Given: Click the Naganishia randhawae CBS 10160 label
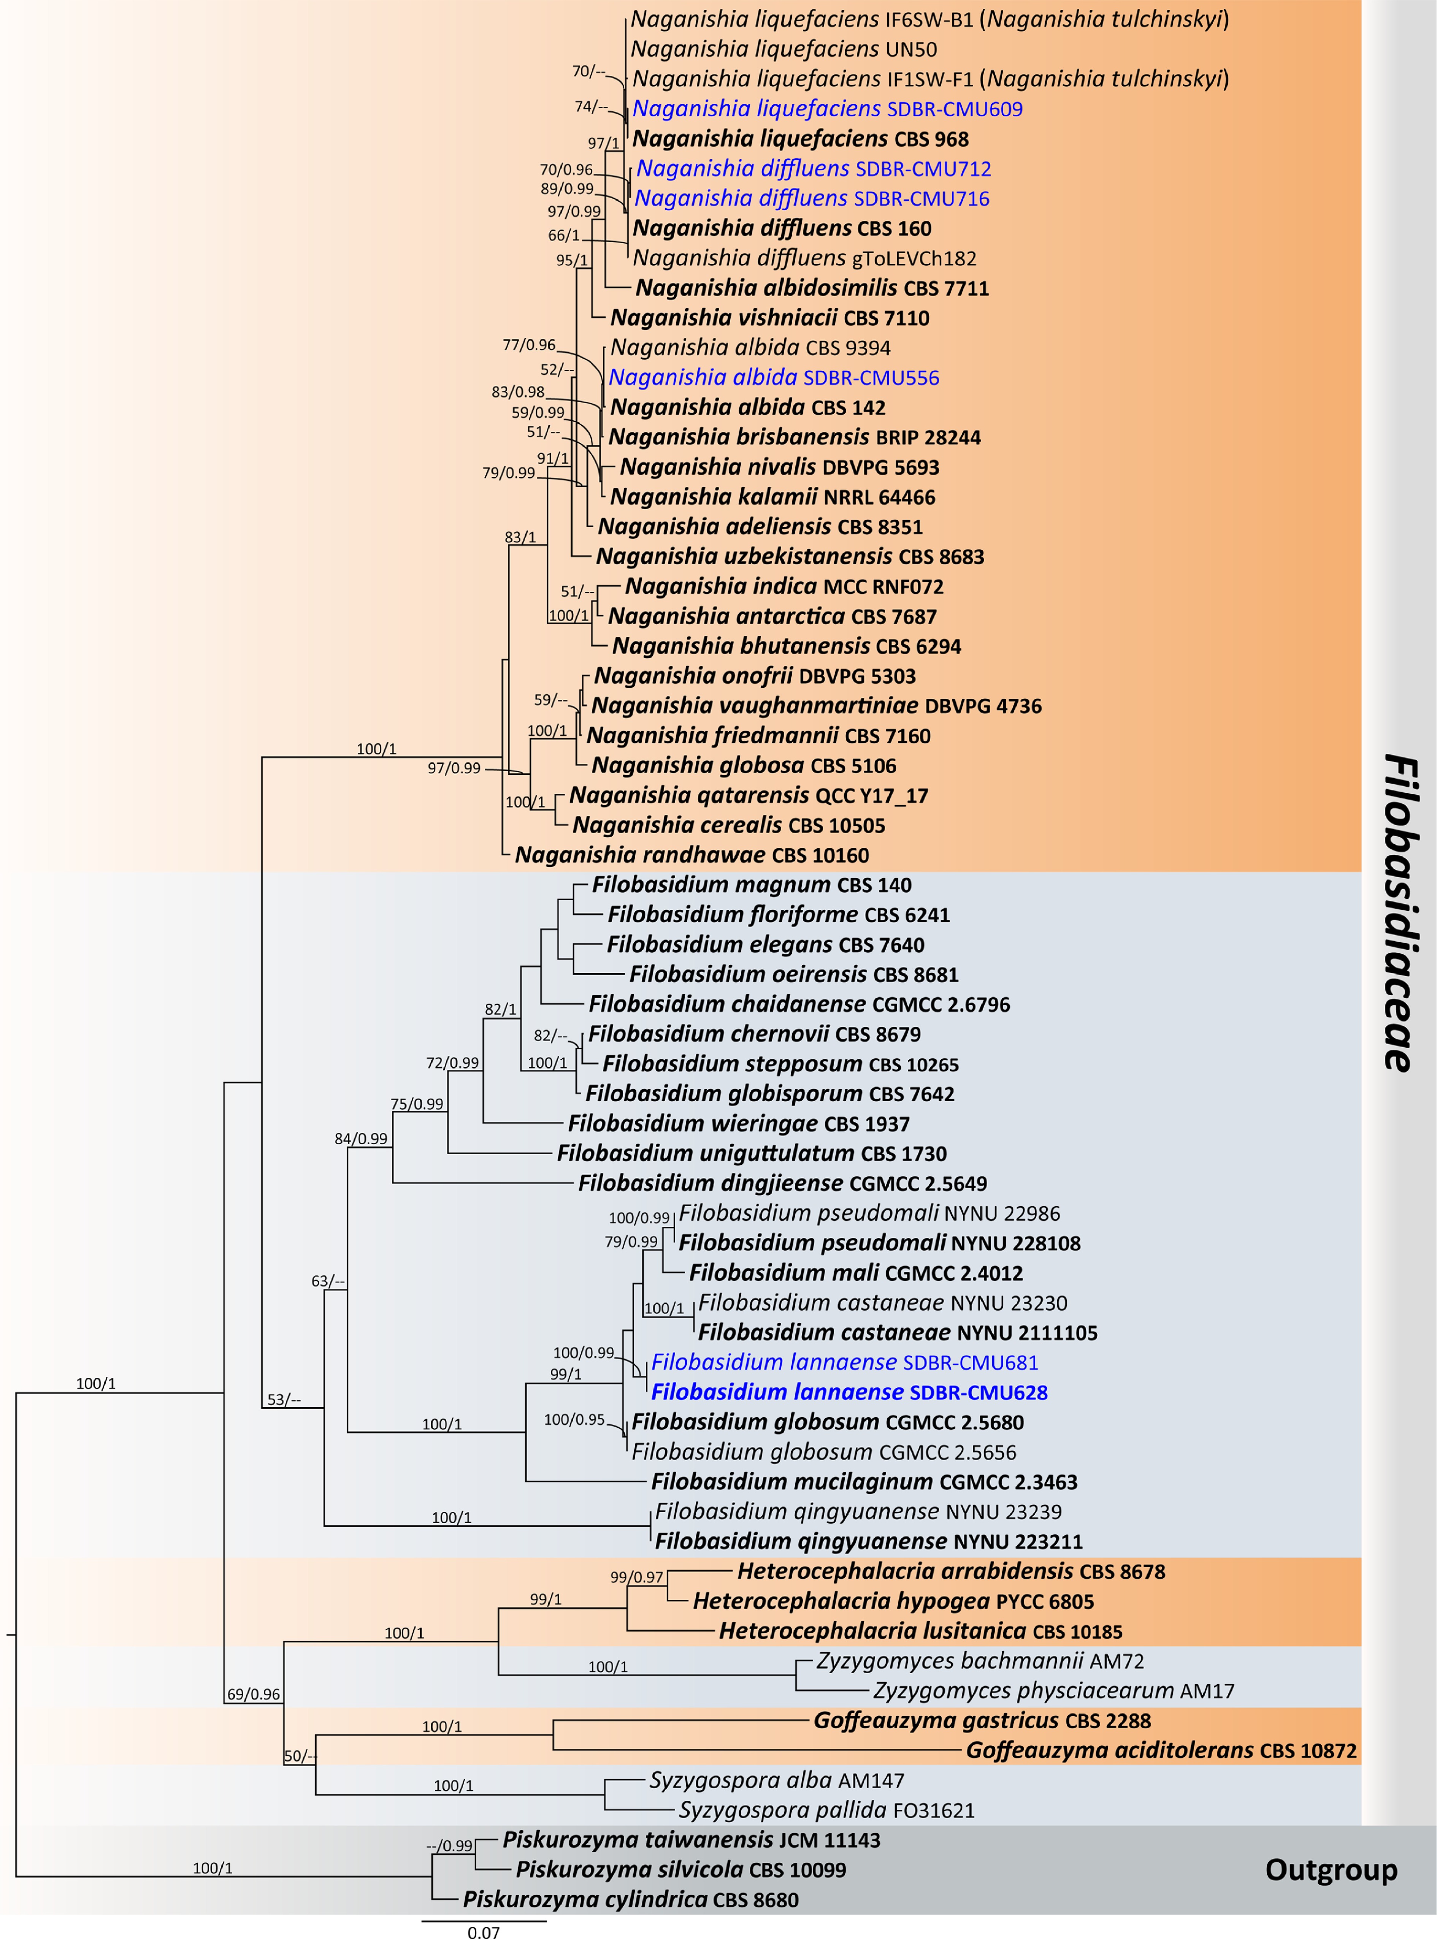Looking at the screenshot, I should coord(692,856).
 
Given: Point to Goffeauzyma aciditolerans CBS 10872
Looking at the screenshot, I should coord(1160,1751).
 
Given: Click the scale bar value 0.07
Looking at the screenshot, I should coord(484,1933).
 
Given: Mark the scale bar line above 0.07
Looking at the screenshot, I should coord(484,1920).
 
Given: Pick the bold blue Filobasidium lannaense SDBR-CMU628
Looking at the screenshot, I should coord(849,1392).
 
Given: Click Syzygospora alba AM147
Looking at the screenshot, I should coord(776,1780).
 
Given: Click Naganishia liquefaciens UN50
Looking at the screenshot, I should coord(783,49).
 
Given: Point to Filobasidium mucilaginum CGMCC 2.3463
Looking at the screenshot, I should coord(864,1482).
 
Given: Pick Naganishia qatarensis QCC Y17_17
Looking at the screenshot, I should coord(748,796).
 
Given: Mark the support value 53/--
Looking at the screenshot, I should coord(284,1400).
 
